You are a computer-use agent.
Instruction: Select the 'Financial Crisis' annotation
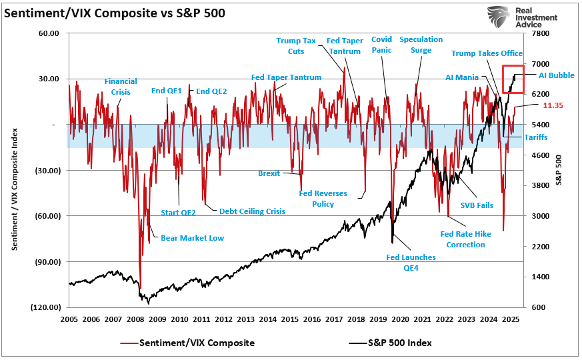[x=121, y=87]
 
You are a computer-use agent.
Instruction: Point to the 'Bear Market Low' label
[x=192, y=238]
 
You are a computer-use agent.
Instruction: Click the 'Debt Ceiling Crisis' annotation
[x=252, y=211]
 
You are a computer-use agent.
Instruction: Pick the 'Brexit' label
[x=269, y=173]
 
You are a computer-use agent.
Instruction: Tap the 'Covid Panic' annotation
[x=381, y=45]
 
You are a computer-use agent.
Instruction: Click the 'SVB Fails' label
[x=477, y=205]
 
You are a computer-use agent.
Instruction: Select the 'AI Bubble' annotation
[x=557, y=75]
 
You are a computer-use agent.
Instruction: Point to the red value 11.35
[x=553, y=105]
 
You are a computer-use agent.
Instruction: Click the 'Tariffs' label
[x=535, y=137]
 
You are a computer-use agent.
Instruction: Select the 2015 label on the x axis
[x=289, y=320]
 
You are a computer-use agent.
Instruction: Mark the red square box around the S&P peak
[x=513, y=79]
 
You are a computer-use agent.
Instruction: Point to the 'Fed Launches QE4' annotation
[x=411, y=261]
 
